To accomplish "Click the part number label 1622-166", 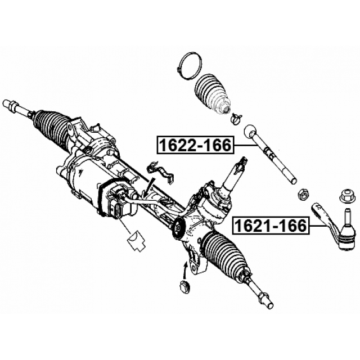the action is (x=195, y=145).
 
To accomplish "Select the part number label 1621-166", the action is (x=270, y=226).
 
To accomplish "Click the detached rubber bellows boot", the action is (x=211, y=94).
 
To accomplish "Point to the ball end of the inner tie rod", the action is (x=250, y=131).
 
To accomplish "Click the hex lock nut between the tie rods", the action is (x=303, y=195).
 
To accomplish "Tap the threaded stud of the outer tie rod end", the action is (x=346, y=215).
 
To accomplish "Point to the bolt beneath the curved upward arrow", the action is (x=184, y=286).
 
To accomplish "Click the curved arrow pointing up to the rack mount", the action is (x=184, y=271).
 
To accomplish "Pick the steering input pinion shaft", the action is (x=232, y=174).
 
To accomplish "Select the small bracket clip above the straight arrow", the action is (x=161, y=172).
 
